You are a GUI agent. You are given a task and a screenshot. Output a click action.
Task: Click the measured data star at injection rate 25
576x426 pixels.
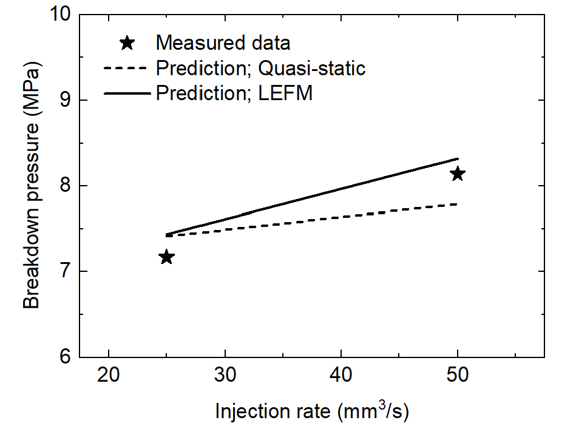pos(166,257)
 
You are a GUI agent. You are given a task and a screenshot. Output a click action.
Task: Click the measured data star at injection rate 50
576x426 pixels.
pos(458,174)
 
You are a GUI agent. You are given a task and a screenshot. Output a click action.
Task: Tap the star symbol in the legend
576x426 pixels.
pos(127,43)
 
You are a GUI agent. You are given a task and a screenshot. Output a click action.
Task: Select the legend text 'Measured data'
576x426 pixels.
pos(223,44)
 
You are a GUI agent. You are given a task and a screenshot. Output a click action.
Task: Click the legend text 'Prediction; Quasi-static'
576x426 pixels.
pos(260,68)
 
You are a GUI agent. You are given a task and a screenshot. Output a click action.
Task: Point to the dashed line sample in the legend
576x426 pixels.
pos(126,68)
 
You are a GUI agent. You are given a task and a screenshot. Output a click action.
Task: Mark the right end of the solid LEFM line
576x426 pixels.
pos(458,158)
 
